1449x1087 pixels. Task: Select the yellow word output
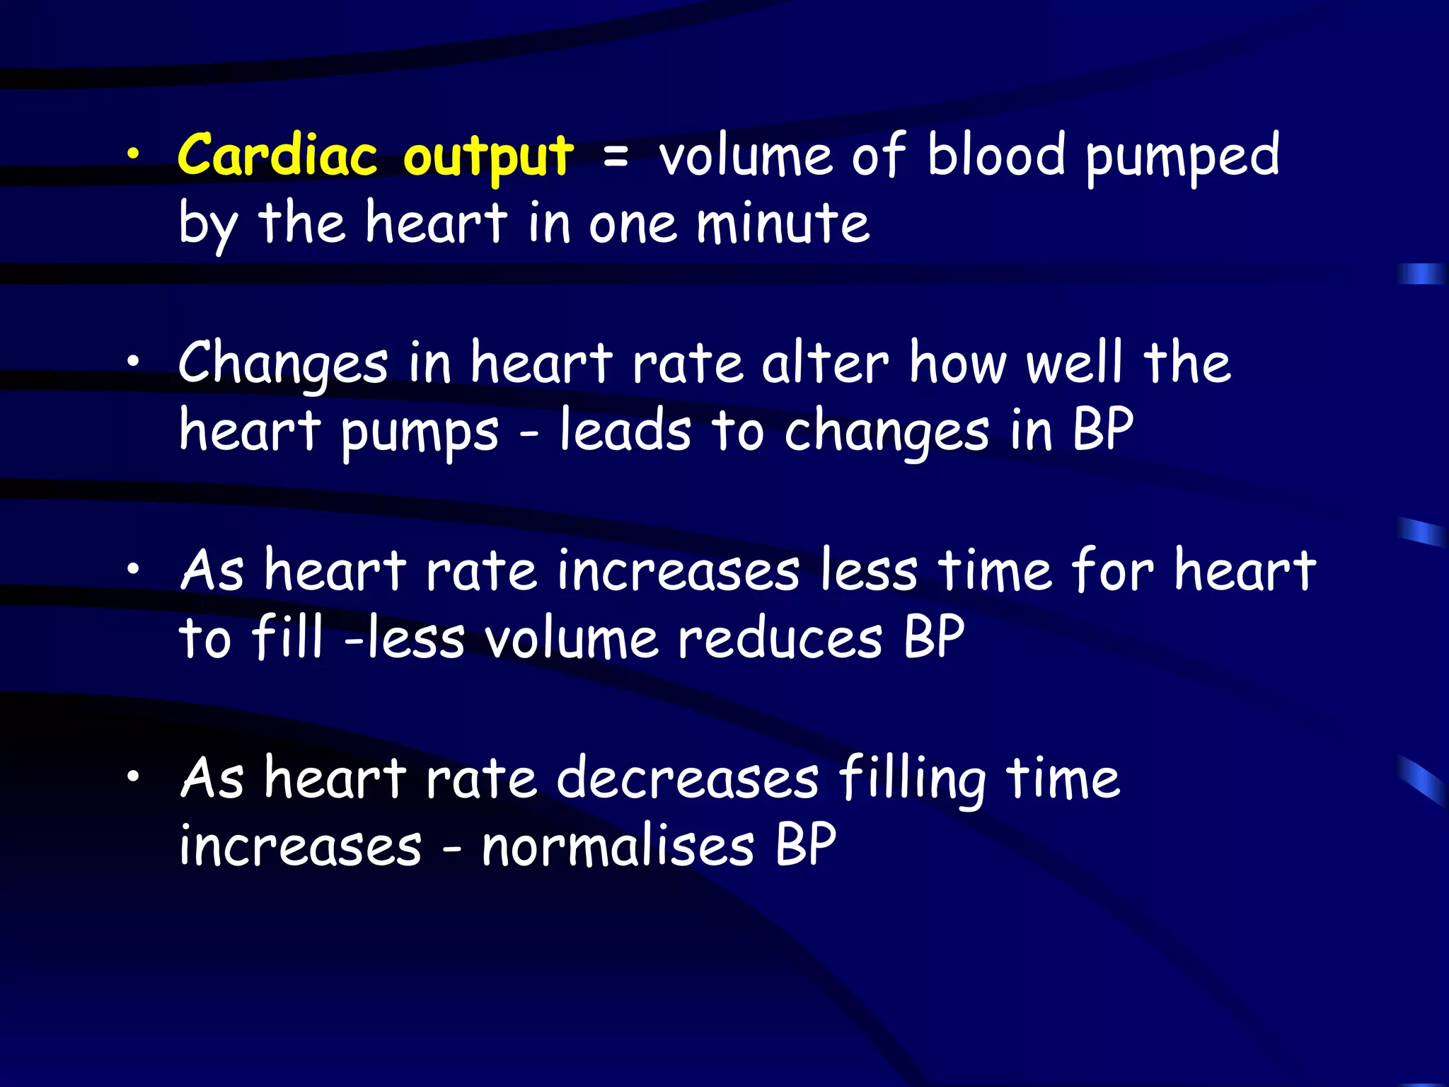pyautogui.click(x=488, y=157)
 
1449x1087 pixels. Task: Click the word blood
pyautogui.click(x=996, y=154)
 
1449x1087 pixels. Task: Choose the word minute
pyautogui.click(x=783, y=224)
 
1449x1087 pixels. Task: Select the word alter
pyautogui.click(x=825, y=362)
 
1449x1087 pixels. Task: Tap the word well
pyautogui.click(x=1074, y=362)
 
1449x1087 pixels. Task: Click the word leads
pyautogui.click(x=625, y=430)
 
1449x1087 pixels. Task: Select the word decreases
pyautogui.click(x=688, y=778)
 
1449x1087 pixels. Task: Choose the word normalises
pyautogui.click(x=618, y=846)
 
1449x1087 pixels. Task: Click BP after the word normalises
pyautogui.click(x=805, y=845)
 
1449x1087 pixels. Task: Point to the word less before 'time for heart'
pyautogui.click(x=869, y=570)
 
